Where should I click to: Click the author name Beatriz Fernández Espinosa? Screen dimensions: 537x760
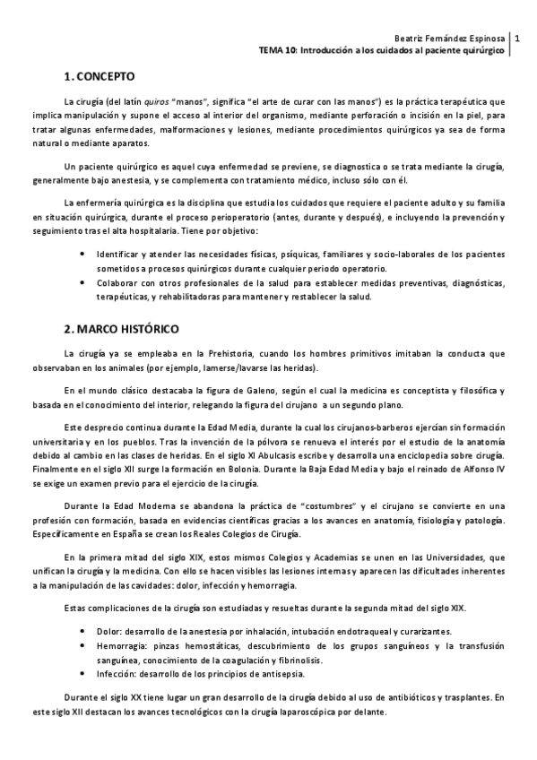[x=449, y=39]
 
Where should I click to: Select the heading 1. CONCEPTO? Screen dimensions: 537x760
[x=100, y=76]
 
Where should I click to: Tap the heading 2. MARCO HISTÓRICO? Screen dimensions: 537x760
[x=122, y=329]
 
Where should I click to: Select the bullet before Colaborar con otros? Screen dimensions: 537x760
[x=82, y=282]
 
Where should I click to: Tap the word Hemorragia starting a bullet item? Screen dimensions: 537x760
[x=123, y=645]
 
